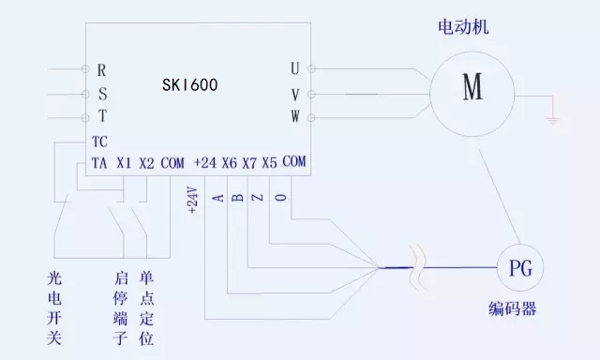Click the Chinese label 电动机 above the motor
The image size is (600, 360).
point(464,28)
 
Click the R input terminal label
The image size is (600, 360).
point(101,70)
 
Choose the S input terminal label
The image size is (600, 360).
point(101,94)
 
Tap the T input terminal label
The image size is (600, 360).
point(101,117)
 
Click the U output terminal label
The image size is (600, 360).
point(295,70)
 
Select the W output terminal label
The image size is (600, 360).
point(295,117)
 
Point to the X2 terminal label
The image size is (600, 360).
point(147,163)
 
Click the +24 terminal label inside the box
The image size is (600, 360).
point(204,162)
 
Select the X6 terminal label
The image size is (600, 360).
point(229,162)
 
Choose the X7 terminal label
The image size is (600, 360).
point(249,162)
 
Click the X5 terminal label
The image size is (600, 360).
point(270,162)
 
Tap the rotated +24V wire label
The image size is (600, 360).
point(193,201)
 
